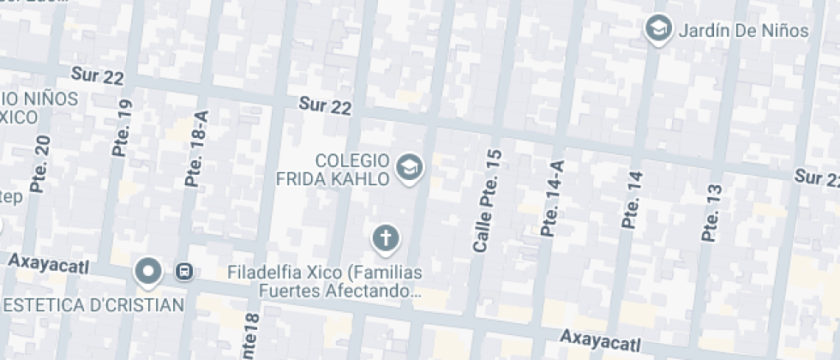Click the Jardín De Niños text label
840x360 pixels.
[743, 31]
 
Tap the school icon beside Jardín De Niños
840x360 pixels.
[658, 30]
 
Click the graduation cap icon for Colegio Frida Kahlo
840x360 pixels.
[411, 168]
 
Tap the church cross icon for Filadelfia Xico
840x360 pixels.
[386, 237]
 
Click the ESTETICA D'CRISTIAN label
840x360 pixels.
[93, 305]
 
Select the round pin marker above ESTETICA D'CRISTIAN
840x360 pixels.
[149, 272]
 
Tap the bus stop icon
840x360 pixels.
[183, 273]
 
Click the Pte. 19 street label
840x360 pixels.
[123, 127]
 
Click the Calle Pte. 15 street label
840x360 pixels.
[487, 200]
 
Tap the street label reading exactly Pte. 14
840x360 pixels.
[633, 199]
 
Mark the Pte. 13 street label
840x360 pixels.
[711, 212]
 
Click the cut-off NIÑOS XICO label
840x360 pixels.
[39, 107]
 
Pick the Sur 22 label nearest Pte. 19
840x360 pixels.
[99, 76]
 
